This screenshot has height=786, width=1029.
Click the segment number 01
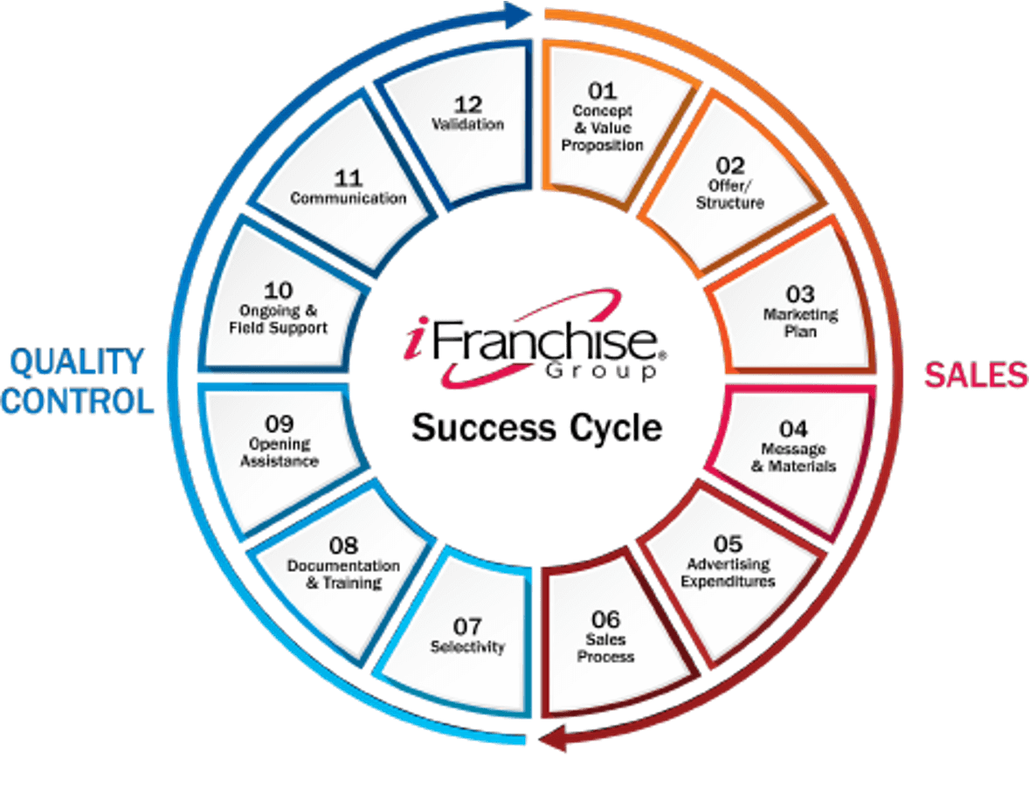click(x=603, y=90)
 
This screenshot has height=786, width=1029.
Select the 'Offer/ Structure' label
click(x=729, y=194)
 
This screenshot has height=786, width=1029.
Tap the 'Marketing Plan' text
click(x=801, y=323)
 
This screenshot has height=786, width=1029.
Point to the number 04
click(x=793, y=429)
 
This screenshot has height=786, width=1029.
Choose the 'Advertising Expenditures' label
click(x=728, y=573)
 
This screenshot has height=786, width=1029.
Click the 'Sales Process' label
click(x=605, y=648)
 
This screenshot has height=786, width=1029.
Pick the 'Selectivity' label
click(x=467, y=647)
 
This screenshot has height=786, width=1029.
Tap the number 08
click(x=343, y=546)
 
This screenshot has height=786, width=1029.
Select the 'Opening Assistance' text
click(x=279, y=452)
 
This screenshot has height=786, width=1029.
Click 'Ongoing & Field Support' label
click(x=279, y=320)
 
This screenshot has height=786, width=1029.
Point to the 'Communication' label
click(x=349, y=198)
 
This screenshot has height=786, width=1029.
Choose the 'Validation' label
click(x=468, y=124)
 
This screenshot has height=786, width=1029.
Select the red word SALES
click(x=976, y=376)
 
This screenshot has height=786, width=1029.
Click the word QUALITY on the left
click(x=77, y=362)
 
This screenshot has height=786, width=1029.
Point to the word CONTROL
click(x=78, y=401)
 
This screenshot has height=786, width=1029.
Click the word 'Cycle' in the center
click(x=616, y=429)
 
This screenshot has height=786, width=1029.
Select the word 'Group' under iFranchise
click(x=600, y=372)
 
